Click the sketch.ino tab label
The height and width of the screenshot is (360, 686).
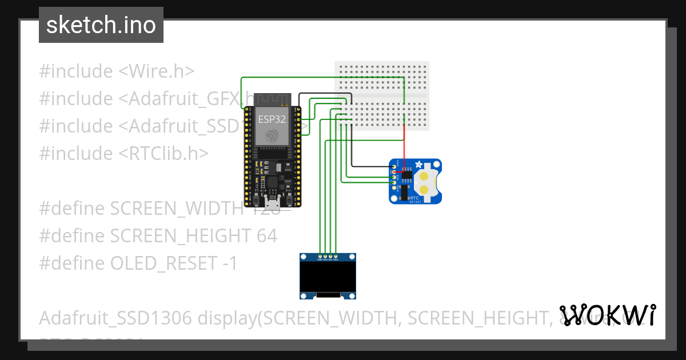101,26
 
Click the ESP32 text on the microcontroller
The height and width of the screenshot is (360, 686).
272,119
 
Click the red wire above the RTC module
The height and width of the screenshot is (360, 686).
405,146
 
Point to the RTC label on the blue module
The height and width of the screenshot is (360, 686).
414,196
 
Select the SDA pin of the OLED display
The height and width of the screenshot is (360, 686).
336,256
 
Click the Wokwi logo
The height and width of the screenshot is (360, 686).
608,315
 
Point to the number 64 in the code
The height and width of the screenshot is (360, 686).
266,235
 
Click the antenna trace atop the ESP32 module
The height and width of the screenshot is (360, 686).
272,99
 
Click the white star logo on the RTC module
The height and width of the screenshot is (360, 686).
421,165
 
